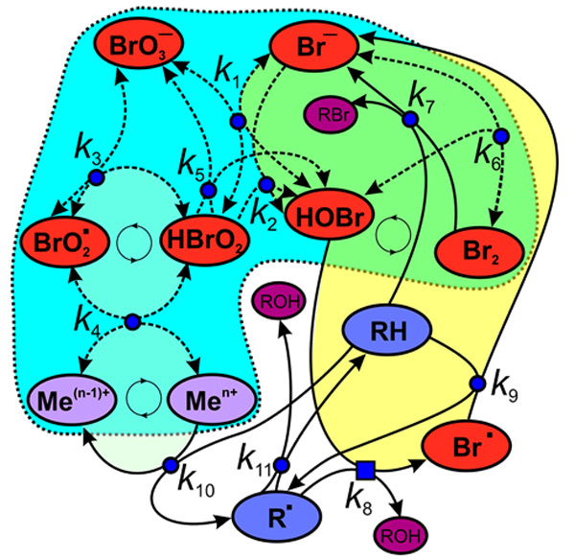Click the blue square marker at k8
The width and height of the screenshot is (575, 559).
click(364, 471)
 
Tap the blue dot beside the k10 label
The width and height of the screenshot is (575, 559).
click(171, 465)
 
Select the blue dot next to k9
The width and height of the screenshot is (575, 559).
click(476, 384)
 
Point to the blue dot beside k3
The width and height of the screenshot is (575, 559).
click(96, 177)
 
